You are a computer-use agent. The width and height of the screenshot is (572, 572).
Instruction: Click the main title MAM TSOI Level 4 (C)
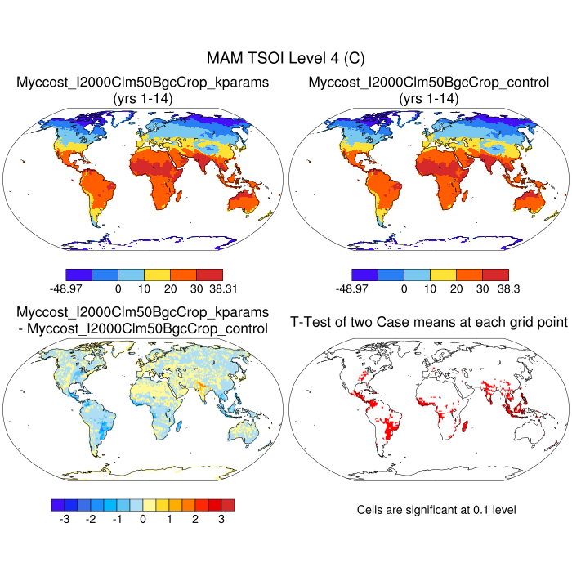285,58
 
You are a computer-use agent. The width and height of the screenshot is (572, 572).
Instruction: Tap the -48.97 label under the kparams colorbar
66,288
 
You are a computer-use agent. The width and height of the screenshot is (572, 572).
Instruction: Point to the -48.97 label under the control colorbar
352,288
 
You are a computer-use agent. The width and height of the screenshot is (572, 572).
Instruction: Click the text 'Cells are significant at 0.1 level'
436,510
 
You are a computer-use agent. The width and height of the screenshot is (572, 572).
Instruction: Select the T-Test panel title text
429,323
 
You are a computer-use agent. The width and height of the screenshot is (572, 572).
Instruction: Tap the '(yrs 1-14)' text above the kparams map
143,98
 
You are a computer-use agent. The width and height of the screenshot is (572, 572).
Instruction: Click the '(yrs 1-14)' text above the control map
429,98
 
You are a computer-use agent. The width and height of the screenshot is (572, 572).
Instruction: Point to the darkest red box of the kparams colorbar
209,274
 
